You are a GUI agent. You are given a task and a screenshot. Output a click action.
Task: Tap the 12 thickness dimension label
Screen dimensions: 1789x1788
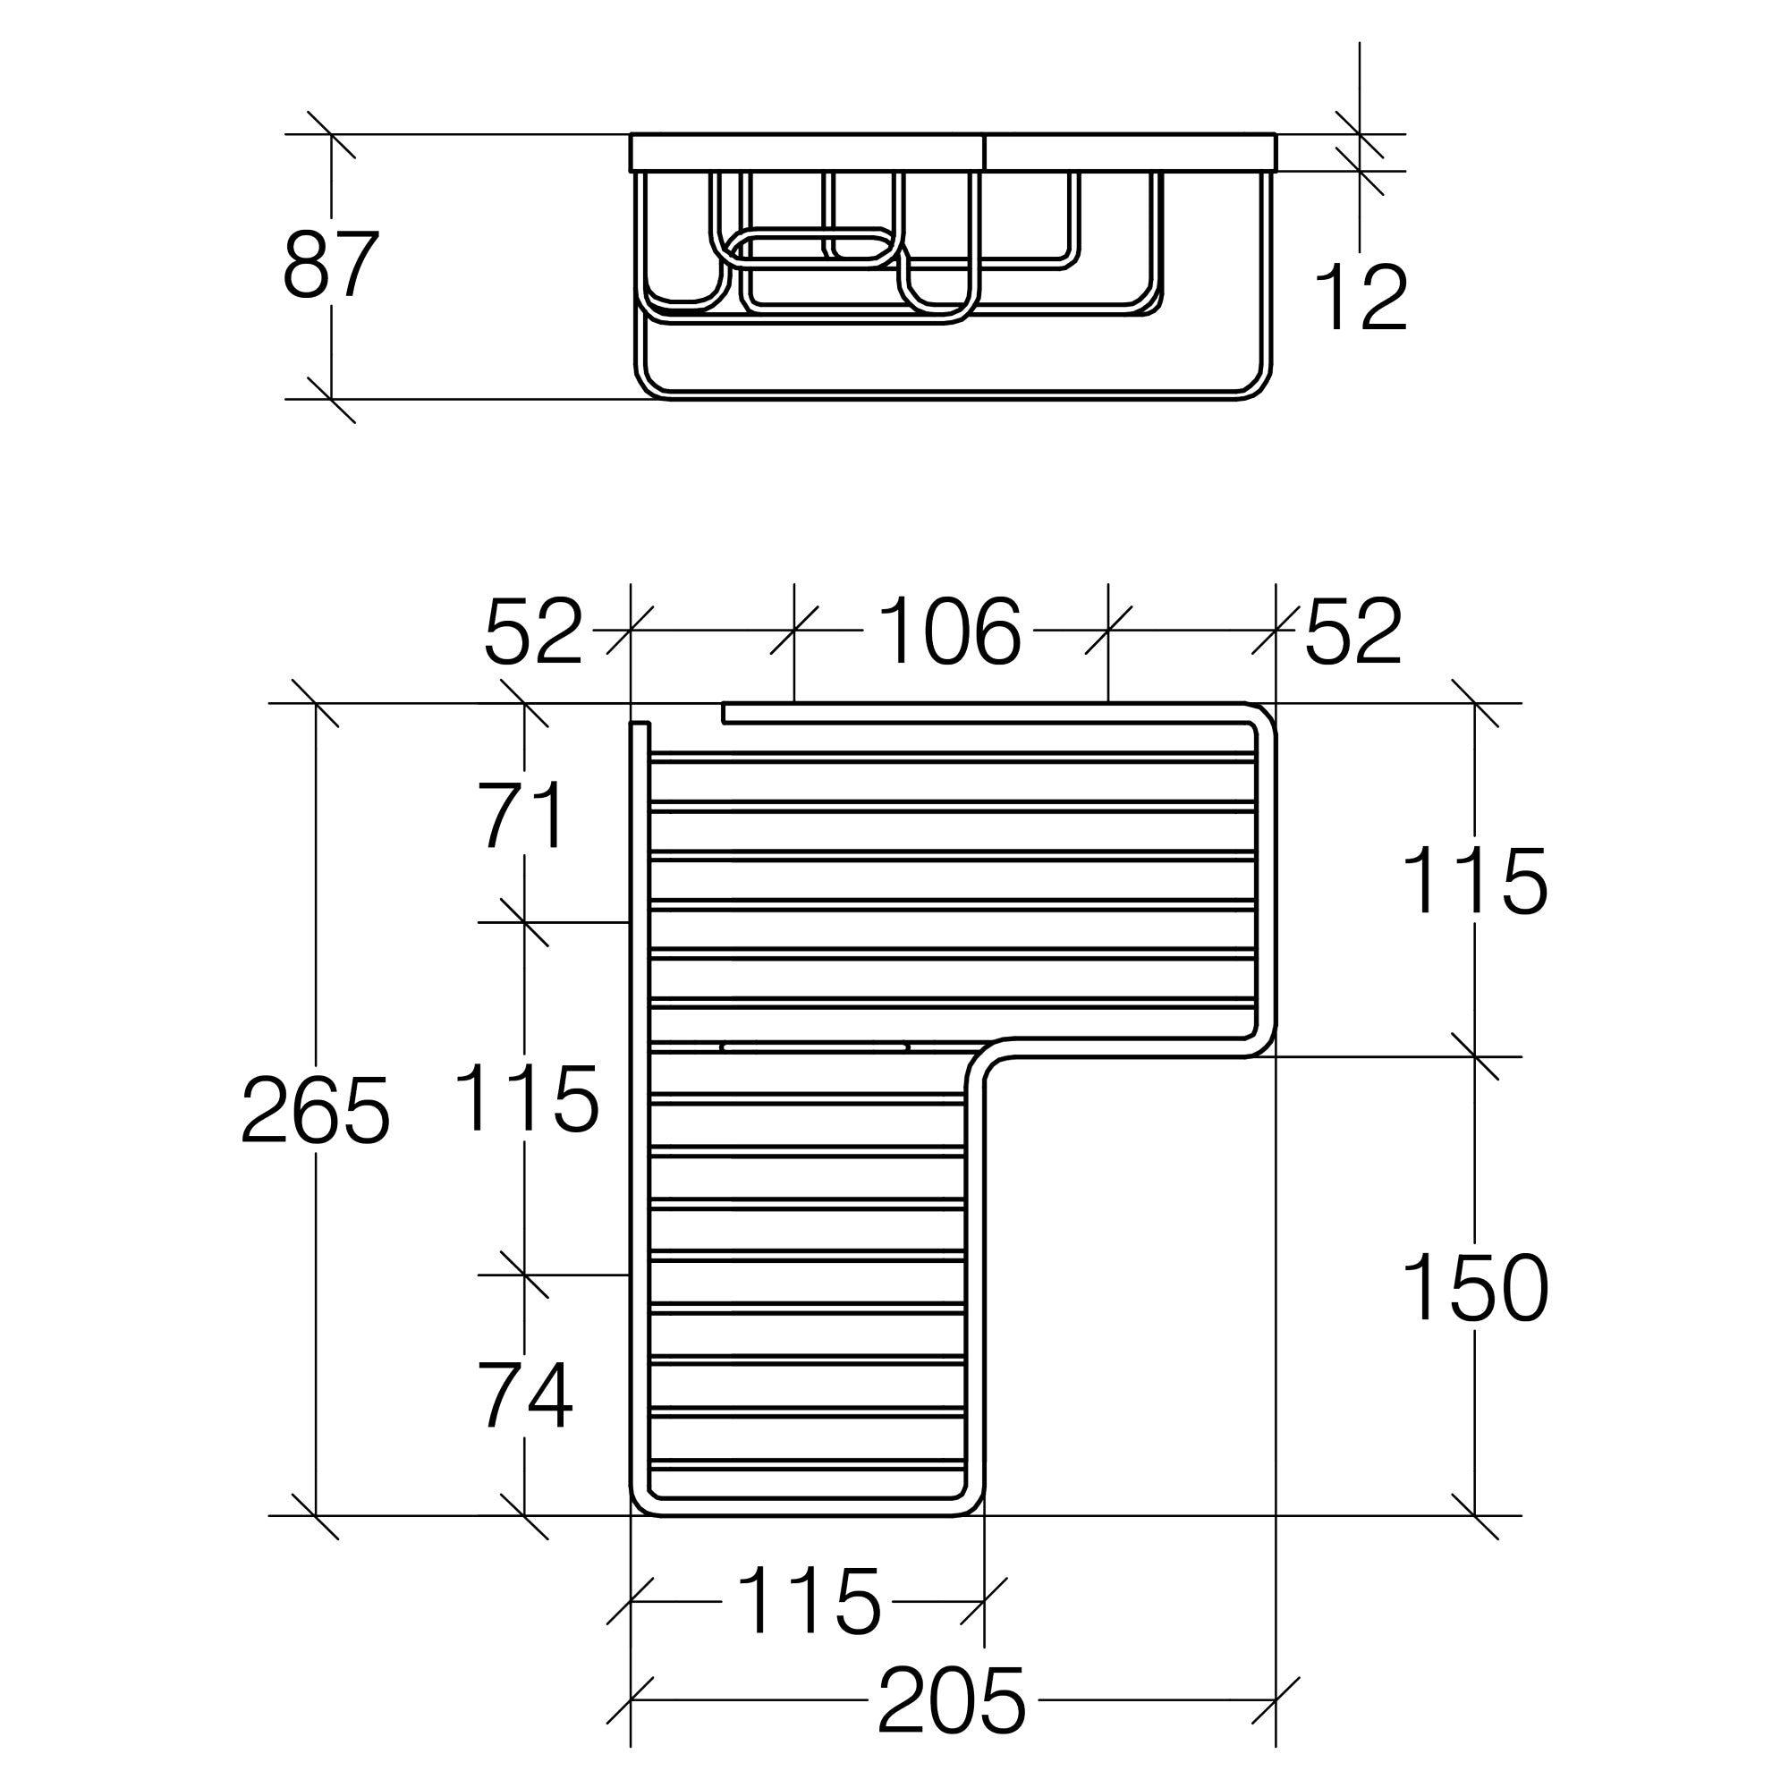click(x=1361, y=297)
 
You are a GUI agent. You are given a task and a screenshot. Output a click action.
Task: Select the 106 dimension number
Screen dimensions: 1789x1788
click(x=949, y=631)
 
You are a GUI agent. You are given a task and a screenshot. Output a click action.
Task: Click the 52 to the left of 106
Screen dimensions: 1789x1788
click(x=533, y=631)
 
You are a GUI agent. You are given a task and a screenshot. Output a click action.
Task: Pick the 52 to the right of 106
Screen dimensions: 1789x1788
click(x=1353, y=631)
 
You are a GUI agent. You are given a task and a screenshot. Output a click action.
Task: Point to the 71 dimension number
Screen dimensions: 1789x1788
click(x=521, y=815)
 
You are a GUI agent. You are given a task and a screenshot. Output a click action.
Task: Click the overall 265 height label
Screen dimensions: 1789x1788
click(x=315, y=1110)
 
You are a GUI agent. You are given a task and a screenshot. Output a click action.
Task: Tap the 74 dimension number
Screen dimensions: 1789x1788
click(x=525, y=1396)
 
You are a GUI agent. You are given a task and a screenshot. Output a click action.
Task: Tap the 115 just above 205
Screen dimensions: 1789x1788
click(x=809, y=1601)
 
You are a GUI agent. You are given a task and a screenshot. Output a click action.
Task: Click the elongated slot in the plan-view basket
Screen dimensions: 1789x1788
click(x=815, y=1048)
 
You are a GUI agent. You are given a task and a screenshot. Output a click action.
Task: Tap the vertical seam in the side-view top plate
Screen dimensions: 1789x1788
click(x=984, y=153)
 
